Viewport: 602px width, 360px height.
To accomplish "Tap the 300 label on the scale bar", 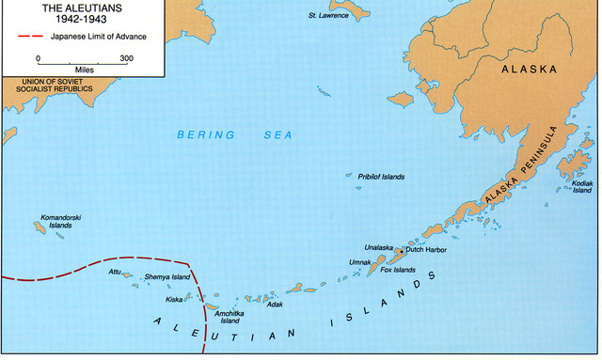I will click(127, 57).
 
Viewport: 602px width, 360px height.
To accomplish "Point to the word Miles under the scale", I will click(82, 69).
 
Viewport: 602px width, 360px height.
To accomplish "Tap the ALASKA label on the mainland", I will click(530, 70).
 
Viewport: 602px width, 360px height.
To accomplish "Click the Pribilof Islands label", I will click(381, 176).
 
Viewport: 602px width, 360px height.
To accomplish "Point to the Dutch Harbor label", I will click(426, 249).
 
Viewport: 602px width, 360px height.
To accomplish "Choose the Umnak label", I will click(361, 262).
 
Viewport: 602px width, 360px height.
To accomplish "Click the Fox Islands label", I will click(398, 271).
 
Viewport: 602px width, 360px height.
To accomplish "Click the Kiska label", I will click(174, 300).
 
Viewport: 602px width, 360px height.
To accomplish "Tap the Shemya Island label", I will click(167, 277).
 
